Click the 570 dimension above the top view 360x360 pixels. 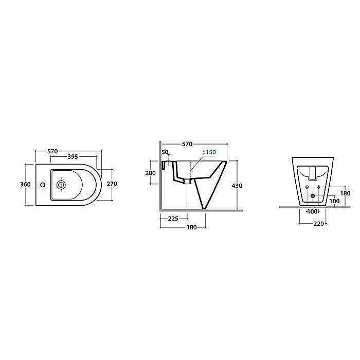click(52, 151)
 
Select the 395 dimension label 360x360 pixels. click(73, 157)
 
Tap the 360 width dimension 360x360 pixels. click(25, 184)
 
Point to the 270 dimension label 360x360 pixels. click(112, 184)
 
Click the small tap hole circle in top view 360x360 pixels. click(43, 185)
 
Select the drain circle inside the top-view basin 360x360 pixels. click(61, 185)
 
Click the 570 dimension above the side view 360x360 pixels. click(187, 144)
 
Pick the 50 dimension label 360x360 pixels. click(165, 152)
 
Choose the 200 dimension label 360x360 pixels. click(150, 173)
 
